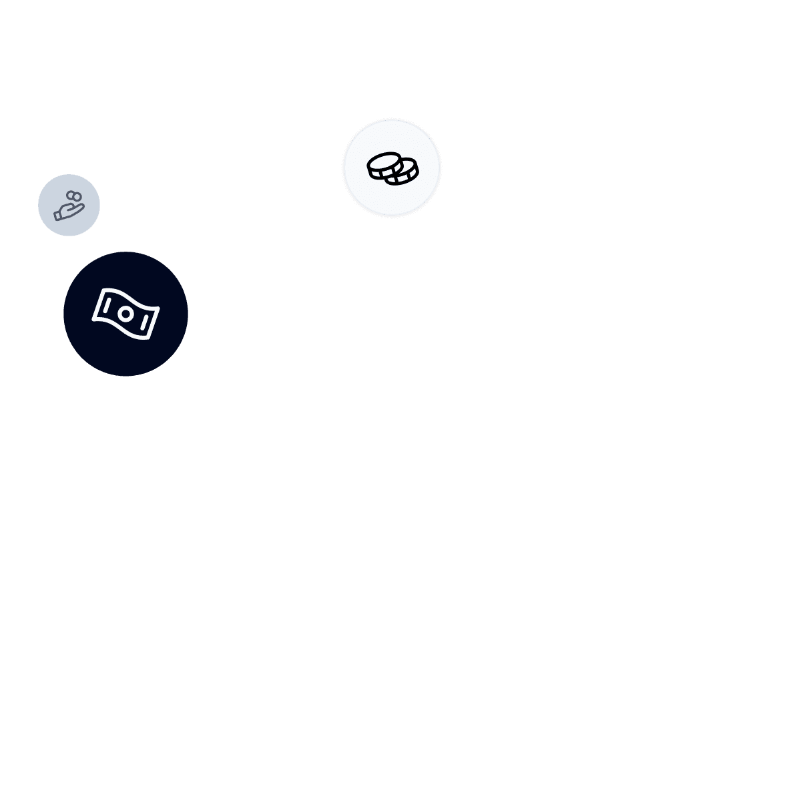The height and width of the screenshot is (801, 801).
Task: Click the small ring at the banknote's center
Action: point(125,313)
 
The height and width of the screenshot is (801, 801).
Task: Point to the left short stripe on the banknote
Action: point(107,306)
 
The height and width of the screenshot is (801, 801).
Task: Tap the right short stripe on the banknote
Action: point(144,322)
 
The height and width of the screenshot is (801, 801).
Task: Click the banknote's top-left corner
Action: point(102,290)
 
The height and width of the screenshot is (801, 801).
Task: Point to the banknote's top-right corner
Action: point(158,309)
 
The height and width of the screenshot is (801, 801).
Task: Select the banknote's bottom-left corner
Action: point(93,318)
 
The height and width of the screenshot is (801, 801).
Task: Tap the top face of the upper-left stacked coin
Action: point(384,162)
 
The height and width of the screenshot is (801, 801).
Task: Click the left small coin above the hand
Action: point(70,195)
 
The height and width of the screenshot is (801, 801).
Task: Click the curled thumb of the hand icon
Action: point(69,208)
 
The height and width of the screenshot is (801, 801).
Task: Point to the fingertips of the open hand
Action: point(83,208)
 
